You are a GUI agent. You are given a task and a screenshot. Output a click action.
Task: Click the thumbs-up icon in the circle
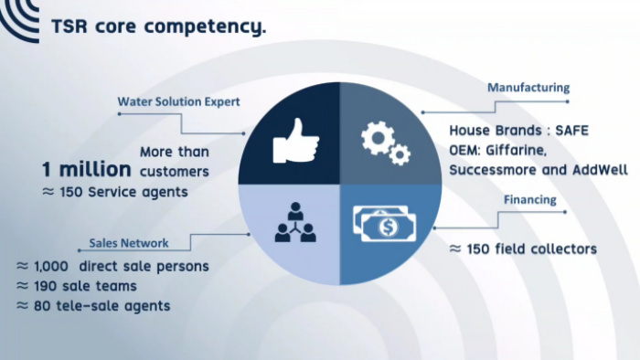[x=296, y=141]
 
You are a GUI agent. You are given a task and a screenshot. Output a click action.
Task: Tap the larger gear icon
[x=378, y=138]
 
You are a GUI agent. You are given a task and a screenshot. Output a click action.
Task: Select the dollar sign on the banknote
[x=388, y=227]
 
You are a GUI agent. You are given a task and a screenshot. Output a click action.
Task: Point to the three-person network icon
[x=295, y=222]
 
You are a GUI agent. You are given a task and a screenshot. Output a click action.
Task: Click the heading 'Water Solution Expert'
[x=178, y=101]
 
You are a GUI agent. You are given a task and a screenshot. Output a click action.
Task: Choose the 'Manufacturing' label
[x=528, y=87]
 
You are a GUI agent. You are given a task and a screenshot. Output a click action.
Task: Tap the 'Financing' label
[x=529, y=199]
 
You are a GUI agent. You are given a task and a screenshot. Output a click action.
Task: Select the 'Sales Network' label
[x=129, y=243]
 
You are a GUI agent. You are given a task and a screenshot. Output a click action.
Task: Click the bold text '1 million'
[x=87, y=169]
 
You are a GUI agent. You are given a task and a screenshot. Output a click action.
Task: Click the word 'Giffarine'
[x=515, y=151]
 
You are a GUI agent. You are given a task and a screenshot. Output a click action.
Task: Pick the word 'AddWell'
[x=600, y=170]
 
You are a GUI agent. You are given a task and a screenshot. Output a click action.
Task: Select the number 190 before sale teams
[x=46, y=286]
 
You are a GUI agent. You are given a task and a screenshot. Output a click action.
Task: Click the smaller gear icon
[x=400, y=154]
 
